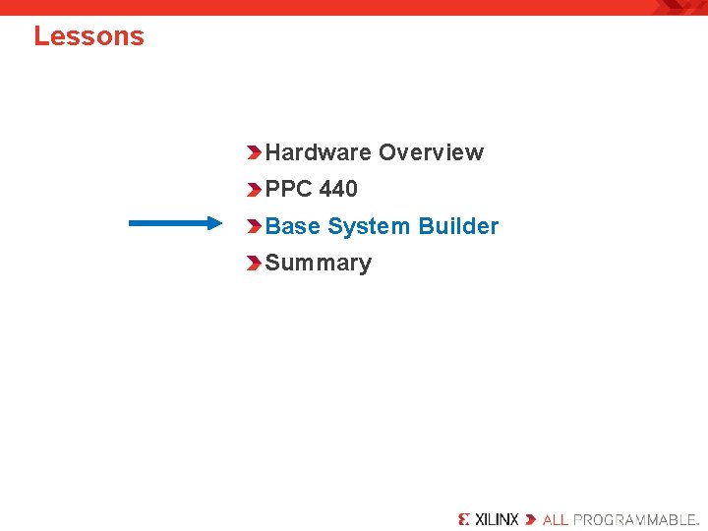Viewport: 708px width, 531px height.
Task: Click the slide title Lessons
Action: [x=88, y=36]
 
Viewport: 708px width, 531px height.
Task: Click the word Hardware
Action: [x=319, y=152]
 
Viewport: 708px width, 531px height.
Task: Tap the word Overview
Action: [x=431, y=152]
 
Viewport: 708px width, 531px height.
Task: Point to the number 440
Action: [x=338, y=189]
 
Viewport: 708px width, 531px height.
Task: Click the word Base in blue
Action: [x=293, y=226]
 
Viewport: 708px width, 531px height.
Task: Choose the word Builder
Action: [x=458, y=226]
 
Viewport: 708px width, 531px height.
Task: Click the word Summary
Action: [x=319, y=264]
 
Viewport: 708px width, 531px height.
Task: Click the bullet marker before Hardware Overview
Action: [x=255, y=152]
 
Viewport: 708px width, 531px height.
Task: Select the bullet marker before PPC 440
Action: [x=255, y=189]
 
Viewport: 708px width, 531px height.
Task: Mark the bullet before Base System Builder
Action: [x=255, y=226]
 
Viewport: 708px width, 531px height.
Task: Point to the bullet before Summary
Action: [x=255, y=264]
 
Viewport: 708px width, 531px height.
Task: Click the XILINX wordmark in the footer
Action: [x=497, y=519]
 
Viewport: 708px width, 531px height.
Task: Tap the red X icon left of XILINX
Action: [x=464, y=519]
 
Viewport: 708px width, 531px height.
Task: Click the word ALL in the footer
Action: [x=556, y=519]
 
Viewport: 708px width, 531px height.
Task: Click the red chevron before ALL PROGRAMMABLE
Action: [x=531, y=519]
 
